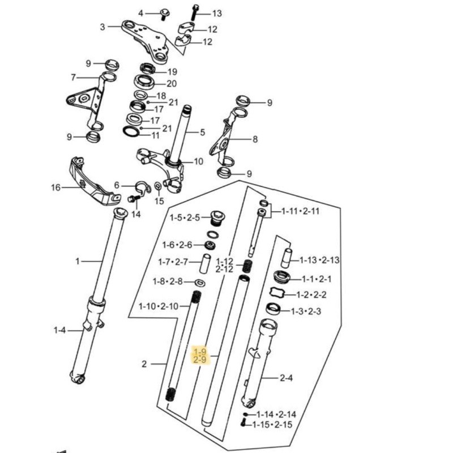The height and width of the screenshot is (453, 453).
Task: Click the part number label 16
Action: tap(55, 188)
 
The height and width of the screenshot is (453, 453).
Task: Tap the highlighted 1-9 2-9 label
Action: tap(200, 356)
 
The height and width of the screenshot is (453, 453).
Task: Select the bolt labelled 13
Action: tap(195, 12)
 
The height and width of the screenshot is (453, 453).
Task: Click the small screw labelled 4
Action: tap(164, 14)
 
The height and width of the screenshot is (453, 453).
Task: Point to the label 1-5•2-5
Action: tap(185, 217)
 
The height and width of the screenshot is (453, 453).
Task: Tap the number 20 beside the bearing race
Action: tap(172, 83)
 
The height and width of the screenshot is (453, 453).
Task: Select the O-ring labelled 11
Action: tap(131, 131)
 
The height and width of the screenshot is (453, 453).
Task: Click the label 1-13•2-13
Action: tap(319, 260)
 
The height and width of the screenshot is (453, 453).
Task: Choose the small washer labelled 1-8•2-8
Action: tap(200, 282)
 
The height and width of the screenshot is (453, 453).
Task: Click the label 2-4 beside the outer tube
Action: tap(286, 378)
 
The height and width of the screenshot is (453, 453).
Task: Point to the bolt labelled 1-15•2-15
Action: tap(243, 423)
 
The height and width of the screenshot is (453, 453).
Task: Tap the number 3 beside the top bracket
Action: tap(102, 27)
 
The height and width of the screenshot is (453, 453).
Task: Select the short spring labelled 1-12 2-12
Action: tap(247, 266)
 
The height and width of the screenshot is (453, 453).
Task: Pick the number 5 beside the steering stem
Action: tap(202, 133)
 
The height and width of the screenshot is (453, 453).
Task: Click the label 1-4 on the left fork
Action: tap(60, 330)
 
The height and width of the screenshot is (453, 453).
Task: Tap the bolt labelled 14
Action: tap(134, 199)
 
